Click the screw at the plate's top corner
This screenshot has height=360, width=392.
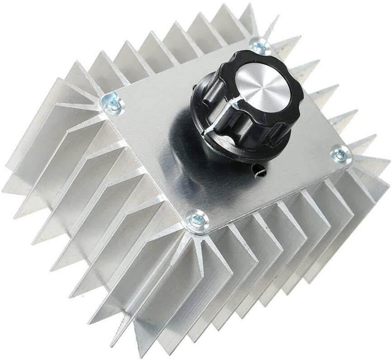260,45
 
